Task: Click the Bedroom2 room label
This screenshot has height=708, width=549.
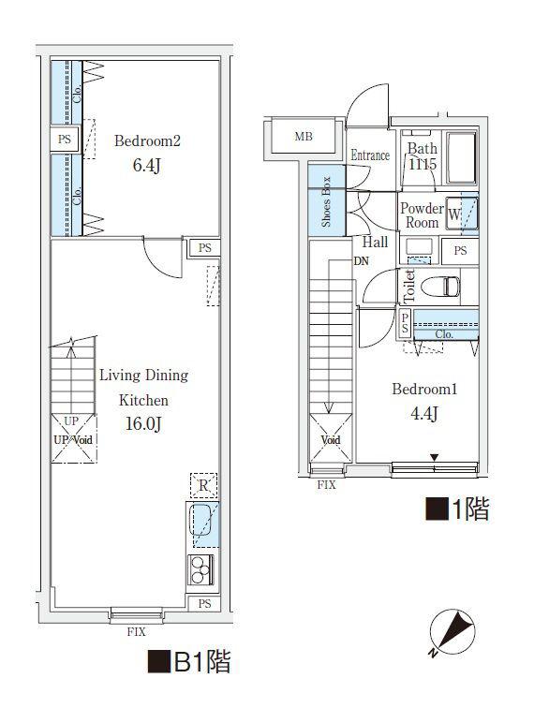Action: pyautogui.click(x=147, y=140)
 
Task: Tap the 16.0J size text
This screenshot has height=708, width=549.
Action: pyautogui.click(x=143, y=423)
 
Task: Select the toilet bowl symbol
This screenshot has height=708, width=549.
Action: pyautogui.click(x=440, y=287)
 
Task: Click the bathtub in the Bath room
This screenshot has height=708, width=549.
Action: pyautogui.click(x=461, y=157)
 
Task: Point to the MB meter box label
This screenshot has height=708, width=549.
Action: pyautogui.click(x=304, y=136)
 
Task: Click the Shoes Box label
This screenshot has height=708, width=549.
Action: pyautogui.click(x=326, y=201)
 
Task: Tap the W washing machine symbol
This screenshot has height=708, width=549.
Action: pyautogui.click(x=453, y=214)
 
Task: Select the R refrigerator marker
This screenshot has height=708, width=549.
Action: pyautogui.click(x=203, y=485)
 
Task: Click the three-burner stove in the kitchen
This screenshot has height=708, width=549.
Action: pyautogui.click(x=201, y=569)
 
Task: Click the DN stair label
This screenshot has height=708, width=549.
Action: pyautogui.click(x=361, y=261)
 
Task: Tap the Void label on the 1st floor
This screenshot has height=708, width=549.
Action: pyautogui.click(x=331, y=439)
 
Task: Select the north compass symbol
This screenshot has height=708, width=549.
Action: pyautogui.click(x=452, y=632)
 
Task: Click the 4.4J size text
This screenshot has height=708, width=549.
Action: pyautogui.click(x=423, y=413)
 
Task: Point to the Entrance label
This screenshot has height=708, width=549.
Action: pyautogui.click(x=370, y=155)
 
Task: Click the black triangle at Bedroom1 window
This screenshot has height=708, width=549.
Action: pyautogui.click(x=434, y=457)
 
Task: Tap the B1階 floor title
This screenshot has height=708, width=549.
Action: pyautogui.click(x=189, y=661)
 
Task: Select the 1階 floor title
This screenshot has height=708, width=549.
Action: pyautogui.click(x=458, y=509)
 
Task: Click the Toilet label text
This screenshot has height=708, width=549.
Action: pyautogui.click(x=409, y=287)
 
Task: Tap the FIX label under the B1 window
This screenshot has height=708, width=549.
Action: pyautogui.click(x=137, y=632)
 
